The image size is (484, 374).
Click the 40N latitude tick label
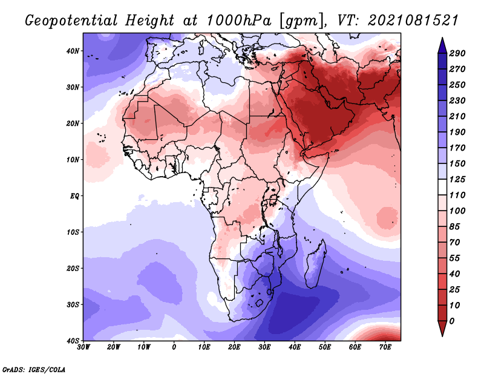click(x=73, y=51)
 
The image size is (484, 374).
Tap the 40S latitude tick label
click(x=73, y=341)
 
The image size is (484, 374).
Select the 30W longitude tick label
click(x=84, y=347)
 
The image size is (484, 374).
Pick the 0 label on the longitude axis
click(x=174, y=347)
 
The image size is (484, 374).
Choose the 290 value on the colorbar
click(x=457, y=53)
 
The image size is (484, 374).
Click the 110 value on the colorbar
click(x=457, y=197)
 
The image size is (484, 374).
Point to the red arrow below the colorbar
click(x=442, y=328)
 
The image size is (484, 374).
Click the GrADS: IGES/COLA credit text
click(x=34, y=369)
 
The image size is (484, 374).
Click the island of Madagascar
click(x=315, y=264)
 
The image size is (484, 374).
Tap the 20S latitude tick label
click(x=73, y=268)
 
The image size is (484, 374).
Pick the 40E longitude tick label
click(x=295, y=347)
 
